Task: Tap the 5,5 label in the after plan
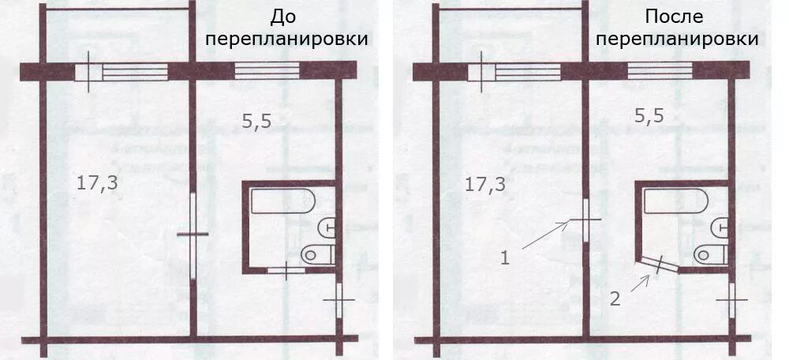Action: [x=649, y=115]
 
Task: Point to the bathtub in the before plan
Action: [x=283, y=201]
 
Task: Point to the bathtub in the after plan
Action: [x=675, y=201]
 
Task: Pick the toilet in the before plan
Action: [x=318, y=254]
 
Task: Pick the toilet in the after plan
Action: [x=710, y=254]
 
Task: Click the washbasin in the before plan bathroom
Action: [x=327, y=227]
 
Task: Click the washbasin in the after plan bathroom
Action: [x=720, y=227]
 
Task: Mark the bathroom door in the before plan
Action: [x=286, y=270]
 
